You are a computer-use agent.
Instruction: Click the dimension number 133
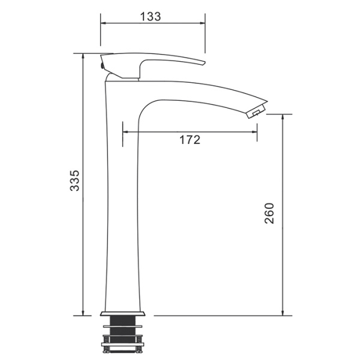[x=151, y=17]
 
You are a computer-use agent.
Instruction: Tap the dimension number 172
[x=190, y=140]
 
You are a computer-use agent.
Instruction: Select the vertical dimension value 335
[x=74, y=181]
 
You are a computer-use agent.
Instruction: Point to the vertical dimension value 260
[x=269, y=213]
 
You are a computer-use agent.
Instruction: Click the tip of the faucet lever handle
[x=204, y=63]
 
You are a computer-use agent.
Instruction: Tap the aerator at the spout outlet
[x=256, y=112]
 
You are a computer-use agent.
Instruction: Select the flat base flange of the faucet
[x=122, y=313]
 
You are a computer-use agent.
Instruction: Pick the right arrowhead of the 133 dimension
[x=203, y=23]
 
